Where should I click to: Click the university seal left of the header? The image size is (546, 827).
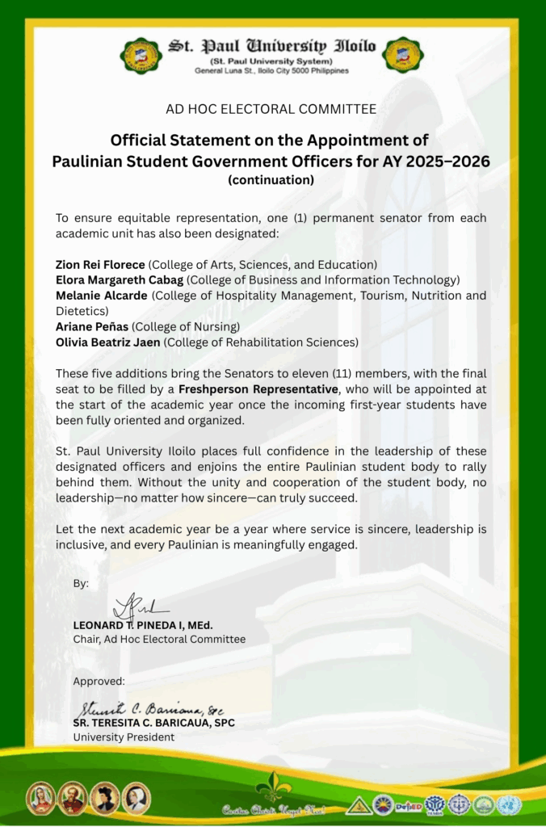[141, 55]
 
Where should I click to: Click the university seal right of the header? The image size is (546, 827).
[403, 55]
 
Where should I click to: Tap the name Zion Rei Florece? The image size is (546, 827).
[100, 265]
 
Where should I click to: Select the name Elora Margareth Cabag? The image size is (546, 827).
[120, 280]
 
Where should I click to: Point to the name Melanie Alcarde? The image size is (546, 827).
[101, 296]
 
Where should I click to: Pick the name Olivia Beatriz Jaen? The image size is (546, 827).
[108, 342]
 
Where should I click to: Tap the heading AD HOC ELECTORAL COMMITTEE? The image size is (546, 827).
[271, 109]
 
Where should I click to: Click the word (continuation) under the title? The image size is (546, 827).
[271, 180]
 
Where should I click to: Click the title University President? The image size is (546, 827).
[124, 737]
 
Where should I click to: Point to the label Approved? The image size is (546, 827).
[99, 682]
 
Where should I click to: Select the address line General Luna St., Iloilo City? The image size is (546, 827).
[271, 71]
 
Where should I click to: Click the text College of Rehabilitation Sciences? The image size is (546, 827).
[262, 342]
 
